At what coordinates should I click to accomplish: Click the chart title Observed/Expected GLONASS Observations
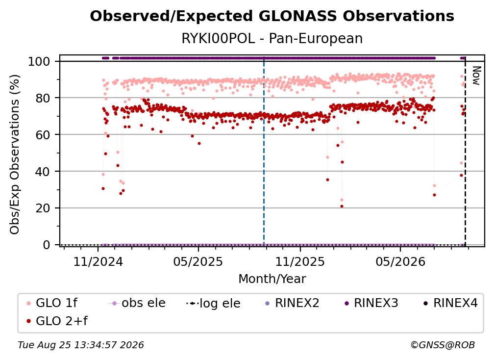(272, 16)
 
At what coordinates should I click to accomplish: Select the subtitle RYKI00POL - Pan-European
(272, 39)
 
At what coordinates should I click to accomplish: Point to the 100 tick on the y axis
(39, 61)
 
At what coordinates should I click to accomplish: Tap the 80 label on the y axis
(43, 98)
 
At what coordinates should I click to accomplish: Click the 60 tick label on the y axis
(43, 135)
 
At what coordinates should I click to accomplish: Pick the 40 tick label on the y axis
(43, 172)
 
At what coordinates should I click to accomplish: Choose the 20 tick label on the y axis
(43, 208)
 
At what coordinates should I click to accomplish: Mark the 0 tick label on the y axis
(47, 245)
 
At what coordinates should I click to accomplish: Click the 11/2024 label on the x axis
(98, 261)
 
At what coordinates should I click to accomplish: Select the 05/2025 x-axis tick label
(198, 261)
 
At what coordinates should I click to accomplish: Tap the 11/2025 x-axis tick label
(300, 261)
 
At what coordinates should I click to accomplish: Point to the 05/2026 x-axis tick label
(400, 261)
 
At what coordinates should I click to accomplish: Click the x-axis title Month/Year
(272, 279)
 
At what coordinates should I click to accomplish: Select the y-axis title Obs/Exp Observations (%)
(15, 154)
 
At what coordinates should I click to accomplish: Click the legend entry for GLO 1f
(52, 303)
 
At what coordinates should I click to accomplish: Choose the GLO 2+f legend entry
(57, 321)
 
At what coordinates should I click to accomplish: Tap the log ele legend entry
(213, 303)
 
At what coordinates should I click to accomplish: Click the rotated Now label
(476, 76)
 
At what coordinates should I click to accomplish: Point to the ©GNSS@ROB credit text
(443, 345)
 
